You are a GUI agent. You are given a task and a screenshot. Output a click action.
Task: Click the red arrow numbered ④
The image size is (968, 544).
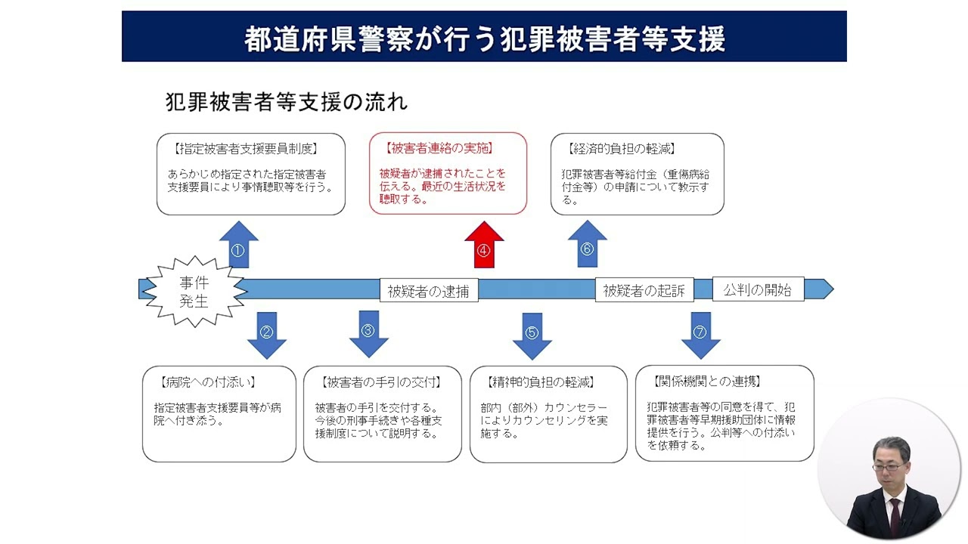click(x=484, y=247)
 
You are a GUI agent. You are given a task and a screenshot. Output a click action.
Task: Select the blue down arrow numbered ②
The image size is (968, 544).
click(x=266, y=334)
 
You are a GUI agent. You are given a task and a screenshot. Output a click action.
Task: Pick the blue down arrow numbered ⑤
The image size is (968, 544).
click(x=532, y=335)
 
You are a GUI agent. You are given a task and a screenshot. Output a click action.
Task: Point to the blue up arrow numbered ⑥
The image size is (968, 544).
click(x=587, y=246)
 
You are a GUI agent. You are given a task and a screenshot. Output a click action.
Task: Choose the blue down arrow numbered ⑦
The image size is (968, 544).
click(x=700, y=334)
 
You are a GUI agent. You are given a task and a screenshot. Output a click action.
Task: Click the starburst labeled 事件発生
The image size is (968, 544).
click(x=194, y=292)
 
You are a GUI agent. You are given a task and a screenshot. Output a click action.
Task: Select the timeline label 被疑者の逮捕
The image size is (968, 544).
click(x=429, y=291)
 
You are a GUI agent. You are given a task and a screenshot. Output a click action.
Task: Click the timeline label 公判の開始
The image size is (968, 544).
click(x=757, y=289)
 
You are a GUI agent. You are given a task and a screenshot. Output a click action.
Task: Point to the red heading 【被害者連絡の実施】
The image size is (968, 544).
click(x=438, y=149)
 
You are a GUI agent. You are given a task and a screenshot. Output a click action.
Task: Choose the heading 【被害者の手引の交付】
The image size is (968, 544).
click(x=381, y=382)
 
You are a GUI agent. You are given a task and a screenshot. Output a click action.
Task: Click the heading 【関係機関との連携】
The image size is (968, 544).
click(x=710, y=382)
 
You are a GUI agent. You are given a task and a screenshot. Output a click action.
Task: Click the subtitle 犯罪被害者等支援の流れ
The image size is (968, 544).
click(x=287, y=102)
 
